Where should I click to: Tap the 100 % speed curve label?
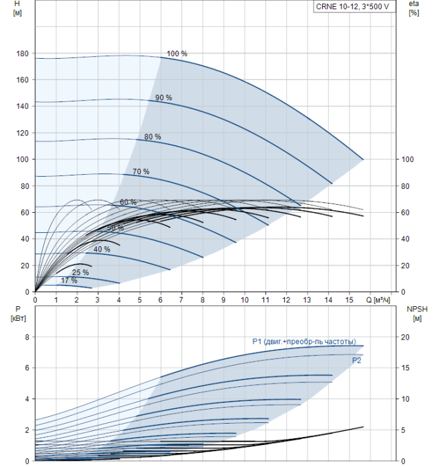point(177,53)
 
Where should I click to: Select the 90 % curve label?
point(163,97)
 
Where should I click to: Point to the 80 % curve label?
point(152,137)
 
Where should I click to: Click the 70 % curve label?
point(141,171)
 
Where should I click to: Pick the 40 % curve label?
point(101,249)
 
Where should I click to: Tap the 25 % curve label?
point(80,272)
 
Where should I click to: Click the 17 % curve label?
point(69,280)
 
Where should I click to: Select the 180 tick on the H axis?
point(23,53)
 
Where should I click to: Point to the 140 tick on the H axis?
point(23,106)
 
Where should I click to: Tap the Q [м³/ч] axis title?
point(380,300)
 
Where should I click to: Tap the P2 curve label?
point(357,360)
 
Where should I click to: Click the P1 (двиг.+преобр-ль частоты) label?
point(304,342)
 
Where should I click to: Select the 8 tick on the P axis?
point(27,338)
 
